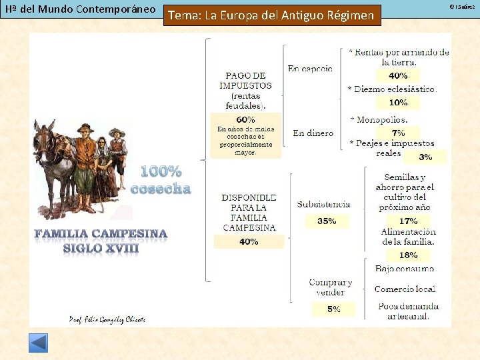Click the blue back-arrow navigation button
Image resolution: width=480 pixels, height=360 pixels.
[x=38, y=343]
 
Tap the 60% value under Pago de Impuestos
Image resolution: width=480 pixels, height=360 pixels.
[x=245, y=119]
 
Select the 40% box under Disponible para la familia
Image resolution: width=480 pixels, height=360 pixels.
[x=249, y=241]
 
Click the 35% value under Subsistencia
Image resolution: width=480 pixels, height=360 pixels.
[x=326, y=221]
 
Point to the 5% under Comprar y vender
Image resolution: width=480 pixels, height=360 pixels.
[x=333, y=309]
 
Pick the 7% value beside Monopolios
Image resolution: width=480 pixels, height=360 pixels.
[x=398, y=133]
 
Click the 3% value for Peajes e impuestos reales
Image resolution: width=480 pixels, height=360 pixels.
[x=425, y=157]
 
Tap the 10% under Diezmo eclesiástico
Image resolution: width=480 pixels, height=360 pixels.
[x=398, y=103]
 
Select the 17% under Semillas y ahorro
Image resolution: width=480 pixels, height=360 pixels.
[x=408, y=221]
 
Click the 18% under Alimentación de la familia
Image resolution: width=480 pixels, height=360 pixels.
[x=408, y=255]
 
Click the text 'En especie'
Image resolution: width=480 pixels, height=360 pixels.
[x=310, y=68]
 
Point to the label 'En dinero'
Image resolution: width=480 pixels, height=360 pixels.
[x=313, y=133]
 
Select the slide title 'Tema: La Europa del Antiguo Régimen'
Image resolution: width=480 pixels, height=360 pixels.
[x=272, y=15]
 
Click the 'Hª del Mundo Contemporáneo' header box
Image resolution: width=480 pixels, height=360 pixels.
[x=79, y=9]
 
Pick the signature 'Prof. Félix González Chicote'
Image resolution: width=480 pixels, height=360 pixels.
[x=107, y=319]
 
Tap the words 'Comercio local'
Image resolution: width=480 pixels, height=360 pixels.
[x=405, y=289]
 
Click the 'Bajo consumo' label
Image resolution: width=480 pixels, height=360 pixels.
[x=404, y=269]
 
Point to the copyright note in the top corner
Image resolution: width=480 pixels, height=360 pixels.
[x=461, y=6]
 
